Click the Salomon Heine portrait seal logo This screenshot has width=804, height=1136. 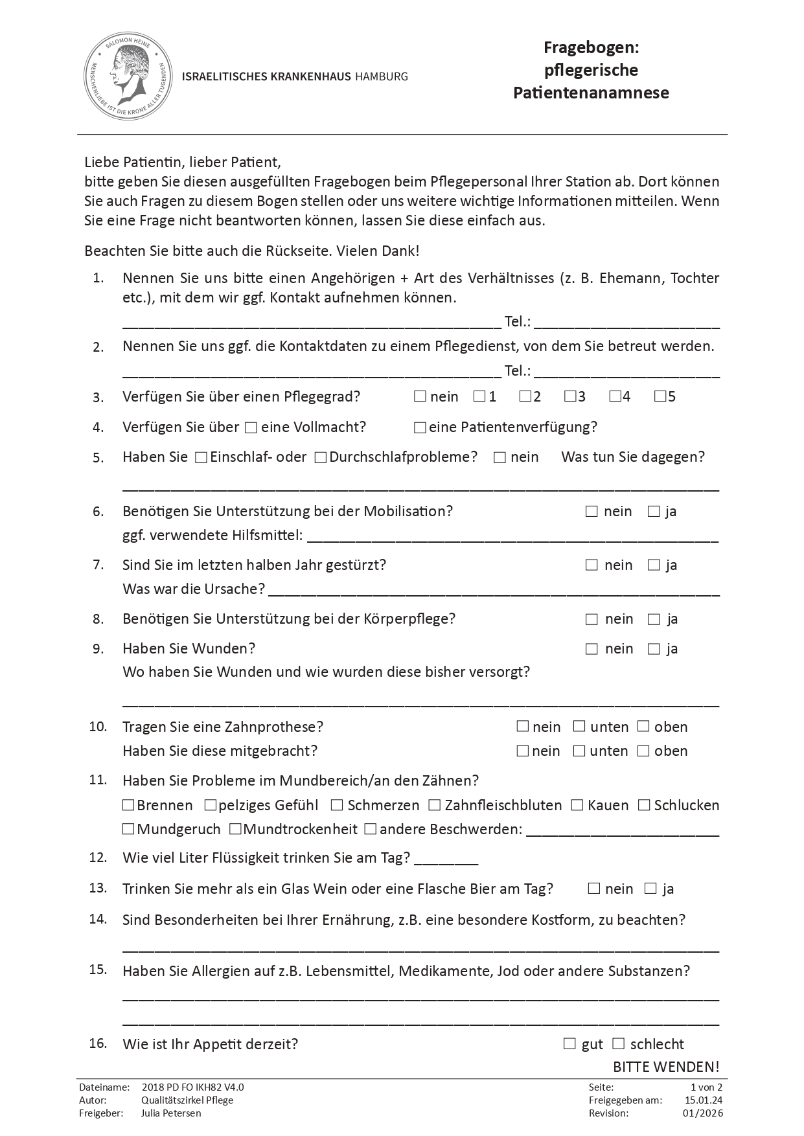coord(130,77)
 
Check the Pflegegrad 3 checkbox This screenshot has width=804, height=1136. coord(570,396)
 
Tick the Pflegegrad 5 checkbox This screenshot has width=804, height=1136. coord(660,396)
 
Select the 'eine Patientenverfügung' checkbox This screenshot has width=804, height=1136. coord(420,427)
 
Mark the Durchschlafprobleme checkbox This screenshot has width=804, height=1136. coord(320,458)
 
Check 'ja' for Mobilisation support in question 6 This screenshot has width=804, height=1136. coord(654,512)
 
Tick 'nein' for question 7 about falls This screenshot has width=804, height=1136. coord(592,565)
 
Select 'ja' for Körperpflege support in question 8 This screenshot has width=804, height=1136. coord(654,619)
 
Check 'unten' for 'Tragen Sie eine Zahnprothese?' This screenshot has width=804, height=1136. coord(579,727)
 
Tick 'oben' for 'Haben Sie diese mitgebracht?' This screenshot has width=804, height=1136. coord(643,751)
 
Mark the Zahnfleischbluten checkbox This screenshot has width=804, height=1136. coord(434,805)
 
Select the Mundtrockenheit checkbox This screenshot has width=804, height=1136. coord(235,829)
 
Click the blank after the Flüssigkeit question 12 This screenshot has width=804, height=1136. coord(446,859)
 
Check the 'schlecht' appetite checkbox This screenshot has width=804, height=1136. coord(619,1043)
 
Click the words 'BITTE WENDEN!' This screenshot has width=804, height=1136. coord(666,1067)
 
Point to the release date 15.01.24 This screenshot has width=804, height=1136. coord(704,1100)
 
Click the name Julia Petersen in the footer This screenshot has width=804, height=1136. coord(171,1113)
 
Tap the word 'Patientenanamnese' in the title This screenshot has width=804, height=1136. coord(591,93)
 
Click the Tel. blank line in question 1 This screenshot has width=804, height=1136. coord(626,322)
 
